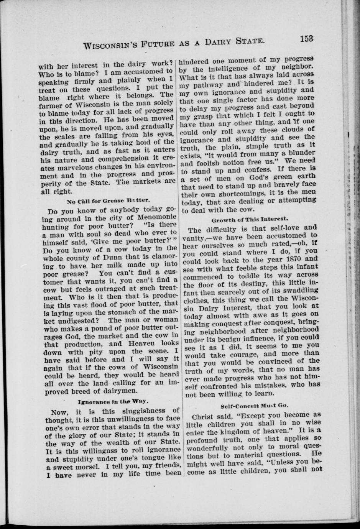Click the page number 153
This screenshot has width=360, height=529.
307,39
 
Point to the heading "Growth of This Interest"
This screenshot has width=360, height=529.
250,220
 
